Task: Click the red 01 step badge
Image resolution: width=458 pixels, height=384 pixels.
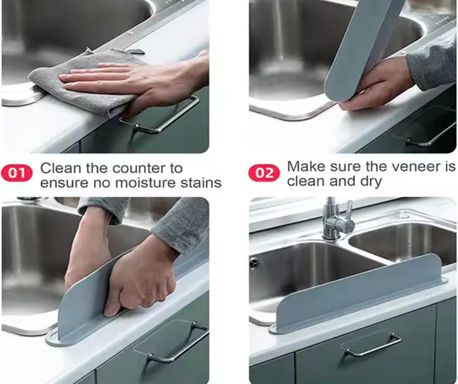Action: tap(17, 173)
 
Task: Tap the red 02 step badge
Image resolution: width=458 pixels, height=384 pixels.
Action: tap(264, 173)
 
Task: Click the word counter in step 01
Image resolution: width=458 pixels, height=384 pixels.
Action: tap(147, 169)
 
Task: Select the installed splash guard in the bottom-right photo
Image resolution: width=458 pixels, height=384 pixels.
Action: tap(361, 292)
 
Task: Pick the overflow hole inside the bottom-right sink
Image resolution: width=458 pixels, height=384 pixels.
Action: tap(253, 263)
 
